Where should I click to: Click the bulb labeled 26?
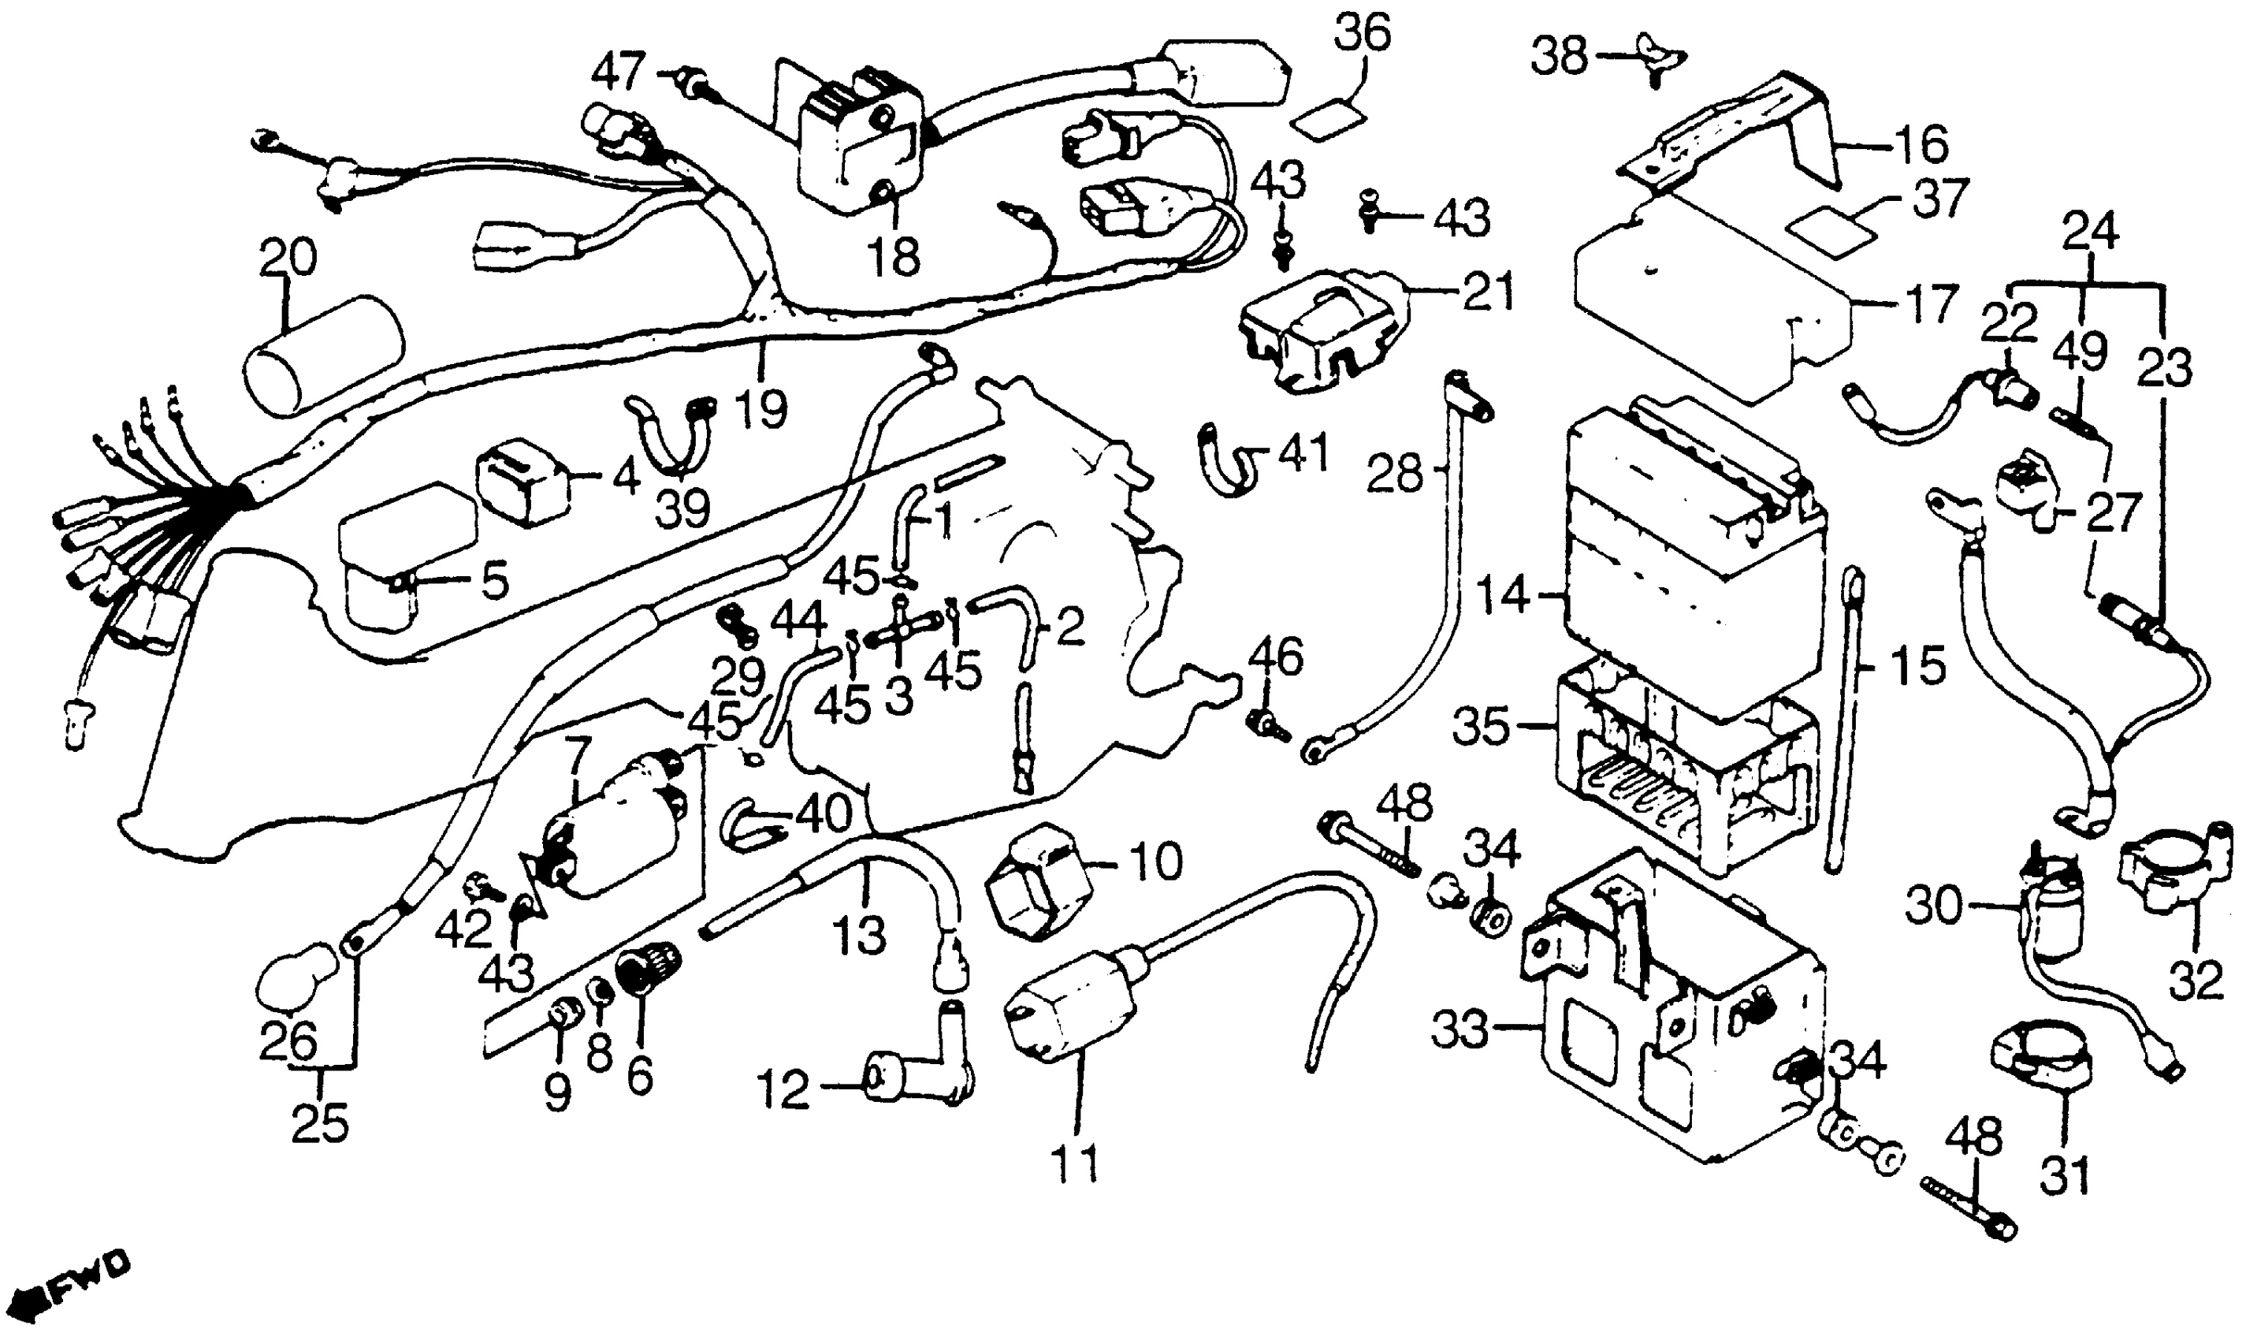click(x=293, y=980)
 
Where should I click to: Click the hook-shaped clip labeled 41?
click(x=1227, y=460)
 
